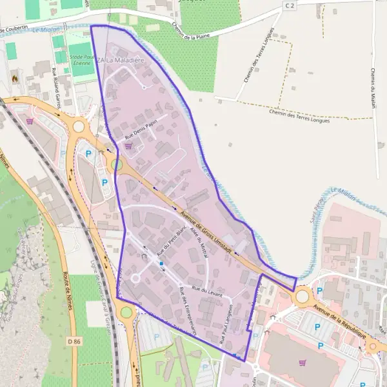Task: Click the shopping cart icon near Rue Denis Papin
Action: pos(128,146)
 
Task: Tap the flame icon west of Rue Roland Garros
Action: pos(15,77)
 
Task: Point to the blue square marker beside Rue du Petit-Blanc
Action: pos(161,263)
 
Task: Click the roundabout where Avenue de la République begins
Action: pos(303,297)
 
